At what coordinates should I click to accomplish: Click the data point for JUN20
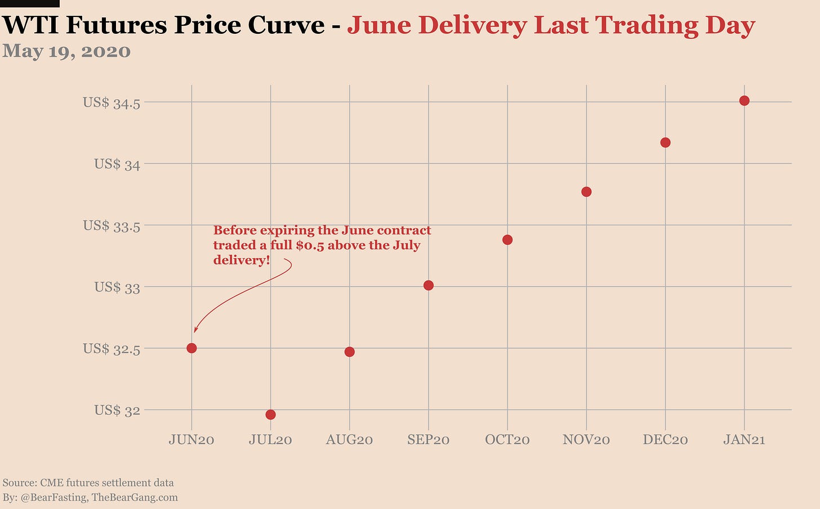pos(191,348)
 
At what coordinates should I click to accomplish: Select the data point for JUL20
pos(270,415)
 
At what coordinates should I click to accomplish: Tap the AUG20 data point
pos(349,352)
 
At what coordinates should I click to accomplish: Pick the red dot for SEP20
pos(429,285)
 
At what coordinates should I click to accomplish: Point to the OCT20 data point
pos(507,240)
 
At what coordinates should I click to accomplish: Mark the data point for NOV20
pos(586,192)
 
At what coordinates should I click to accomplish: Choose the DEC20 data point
pos(665,143)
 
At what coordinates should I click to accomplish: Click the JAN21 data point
pos(744,101)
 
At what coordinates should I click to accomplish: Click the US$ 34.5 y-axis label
pos(112,103)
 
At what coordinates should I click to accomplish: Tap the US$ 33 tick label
pos(117,287)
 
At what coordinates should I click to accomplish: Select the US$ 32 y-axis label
pos(117,410)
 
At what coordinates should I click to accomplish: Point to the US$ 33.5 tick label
pos(112,225)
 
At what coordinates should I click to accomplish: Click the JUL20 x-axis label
pos(270,440)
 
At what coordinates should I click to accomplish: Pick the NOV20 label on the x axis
pos(586,440)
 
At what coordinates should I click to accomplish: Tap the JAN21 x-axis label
pos(744,440)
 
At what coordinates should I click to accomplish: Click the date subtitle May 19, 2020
pos(66,51)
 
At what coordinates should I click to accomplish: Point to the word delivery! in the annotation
pos(242,260)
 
